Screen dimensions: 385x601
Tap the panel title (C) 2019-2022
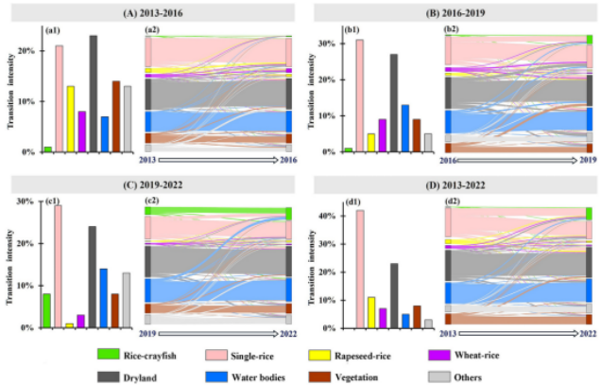point(152,183)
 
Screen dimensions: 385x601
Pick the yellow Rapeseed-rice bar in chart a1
point(70,118)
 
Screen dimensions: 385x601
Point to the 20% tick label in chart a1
point(26,51)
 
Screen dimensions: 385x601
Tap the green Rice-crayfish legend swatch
point(110,356)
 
